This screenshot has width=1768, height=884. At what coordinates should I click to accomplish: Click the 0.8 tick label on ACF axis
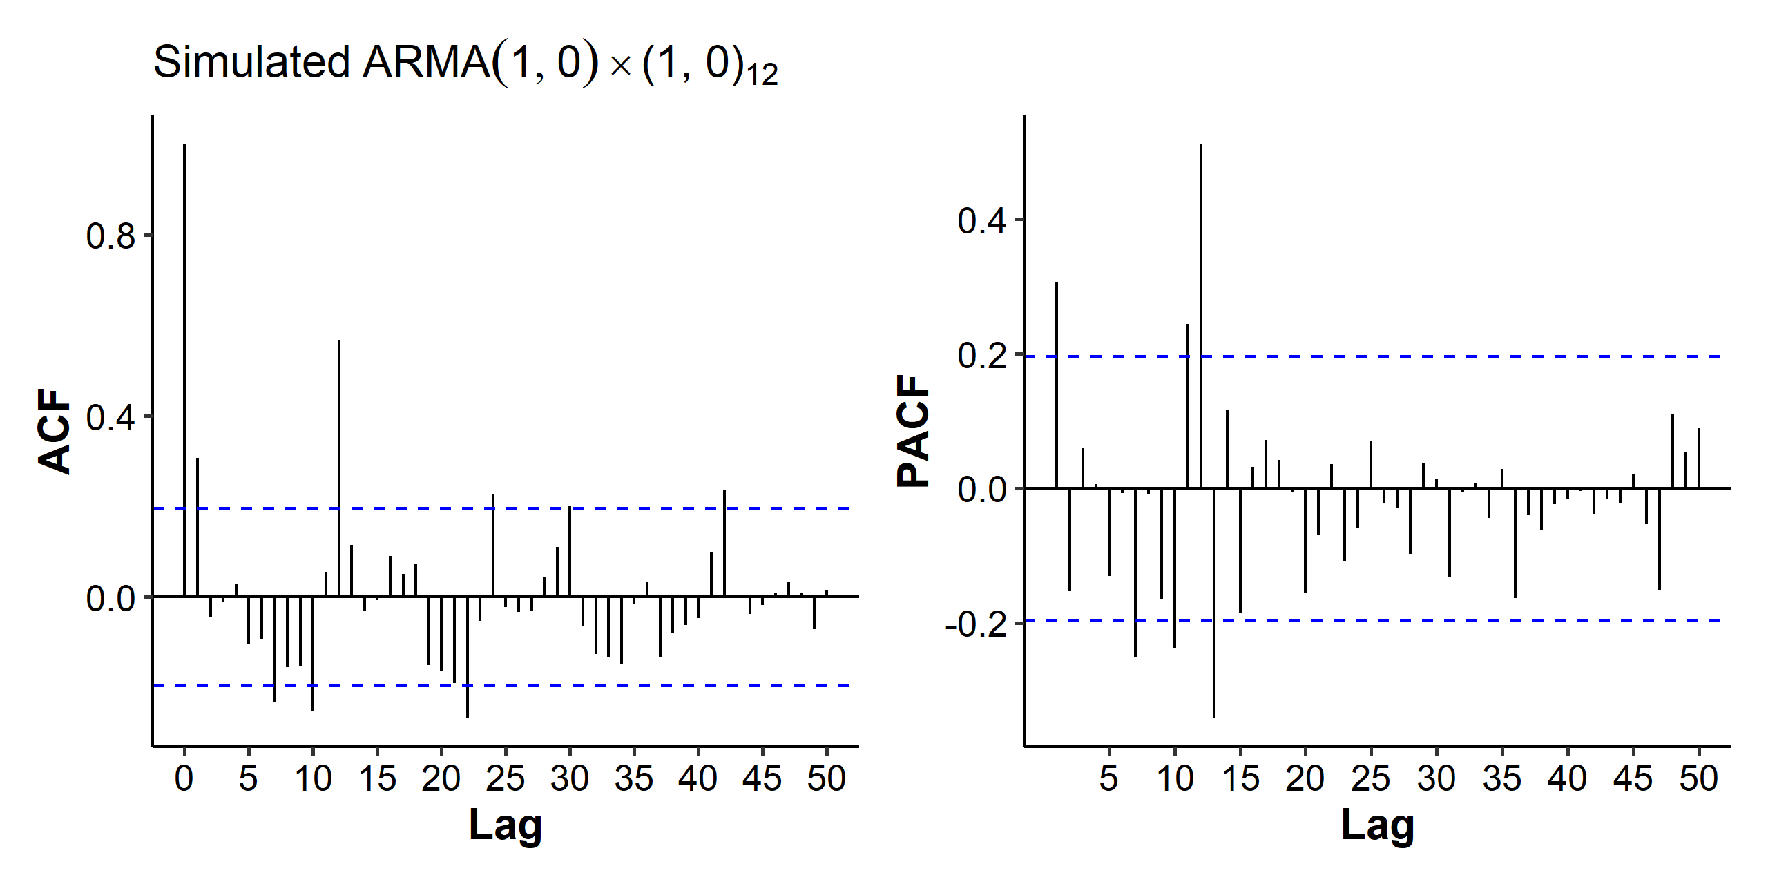click(x=110, y=236)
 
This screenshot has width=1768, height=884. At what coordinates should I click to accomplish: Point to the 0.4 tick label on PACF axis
click(x=981, y=221)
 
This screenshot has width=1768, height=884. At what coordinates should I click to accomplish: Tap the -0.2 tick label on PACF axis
click(x=975, y=624)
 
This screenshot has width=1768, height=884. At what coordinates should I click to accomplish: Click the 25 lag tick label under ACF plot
click(x=506, y=779)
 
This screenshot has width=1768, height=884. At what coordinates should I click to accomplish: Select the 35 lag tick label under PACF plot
click(x=1502, y=779)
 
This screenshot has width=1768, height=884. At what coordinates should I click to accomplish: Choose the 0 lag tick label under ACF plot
click(x=184, y=779)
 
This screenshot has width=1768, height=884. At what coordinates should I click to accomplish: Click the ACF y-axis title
click(x=55, y=432)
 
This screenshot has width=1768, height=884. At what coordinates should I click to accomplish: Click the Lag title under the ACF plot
click(x=506, y=825)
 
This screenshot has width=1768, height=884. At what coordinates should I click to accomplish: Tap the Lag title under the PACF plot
click(x=1378, y=825)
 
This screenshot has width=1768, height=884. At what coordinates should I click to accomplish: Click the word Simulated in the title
click(x=252, y=62)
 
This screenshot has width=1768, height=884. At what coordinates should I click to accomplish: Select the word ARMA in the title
click(x=426, y=62)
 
